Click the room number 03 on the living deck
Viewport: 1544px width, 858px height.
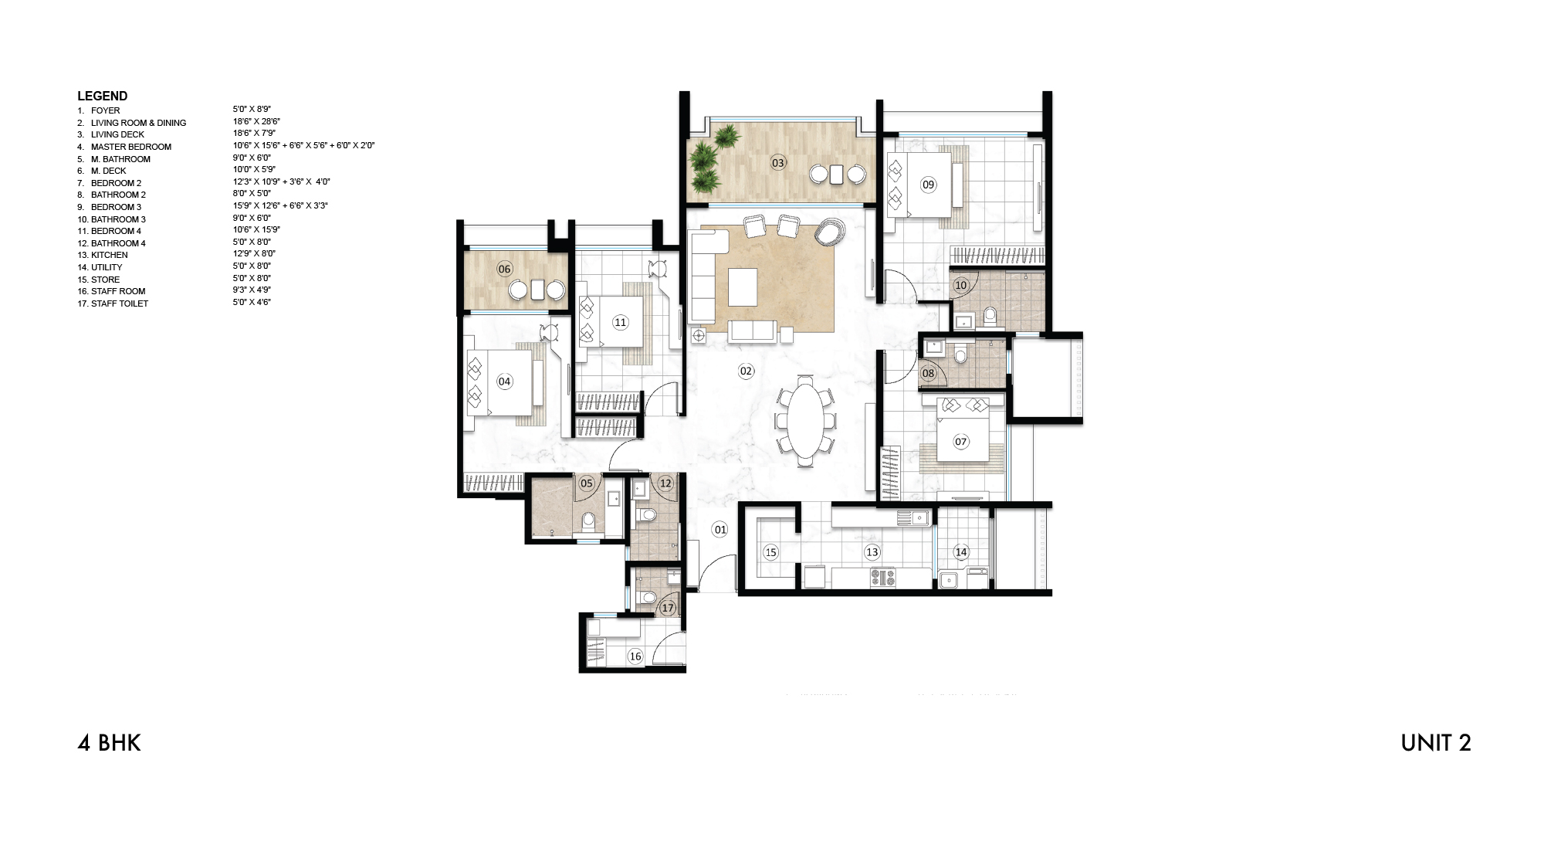(x=778, y=163)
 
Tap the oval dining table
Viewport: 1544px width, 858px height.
(x=805, y=421)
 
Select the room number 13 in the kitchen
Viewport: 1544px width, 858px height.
(x=872, y=552)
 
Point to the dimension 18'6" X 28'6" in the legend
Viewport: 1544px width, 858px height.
(x=256, y=122)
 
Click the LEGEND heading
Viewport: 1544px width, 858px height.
(x=102, y=97)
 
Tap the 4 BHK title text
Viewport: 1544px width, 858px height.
(x=109, y=743)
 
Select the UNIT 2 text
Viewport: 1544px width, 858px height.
(x=1435, y=743)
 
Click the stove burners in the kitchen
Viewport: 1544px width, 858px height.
(x=883, y=577)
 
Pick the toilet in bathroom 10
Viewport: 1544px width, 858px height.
(x=990, y=316)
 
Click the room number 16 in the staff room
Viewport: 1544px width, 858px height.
(x=635, y=656)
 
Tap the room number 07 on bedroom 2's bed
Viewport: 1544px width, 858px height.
(x=960, y=442)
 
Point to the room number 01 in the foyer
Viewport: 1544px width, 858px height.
(x=720, y=530)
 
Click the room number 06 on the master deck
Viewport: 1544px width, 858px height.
(x=504, y=270)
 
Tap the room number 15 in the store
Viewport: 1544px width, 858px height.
(x=770, y=552)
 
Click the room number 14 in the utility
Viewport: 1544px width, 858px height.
(x=961, y=552)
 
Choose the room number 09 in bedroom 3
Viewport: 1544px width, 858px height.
(x=928, y=185)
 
